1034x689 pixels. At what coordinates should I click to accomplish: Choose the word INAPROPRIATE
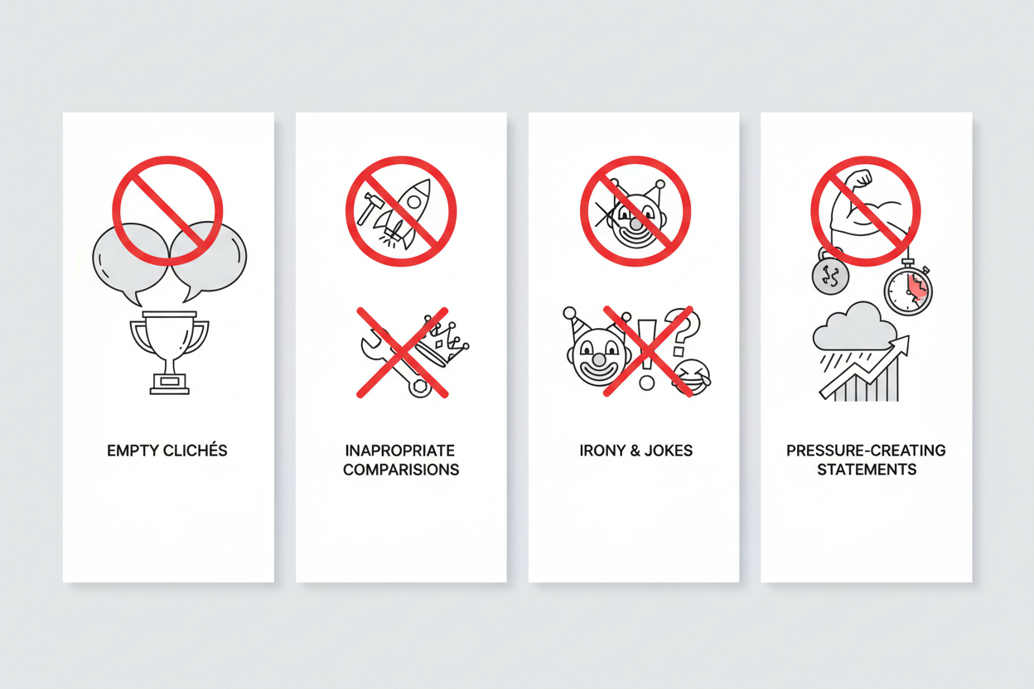pyautogui.click(x=399, y=450)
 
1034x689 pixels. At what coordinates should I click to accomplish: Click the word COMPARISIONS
pyautogui.click(x=401, y=470)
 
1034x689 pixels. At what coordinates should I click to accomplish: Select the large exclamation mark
pyautogui.click(x=647, y=354)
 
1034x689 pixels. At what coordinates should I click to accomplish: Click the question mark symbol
pyautogui.click(x=681, y=332)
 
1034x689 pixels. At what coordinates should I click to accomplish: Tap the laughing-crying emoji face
pyautogui.click(x=691, y=377)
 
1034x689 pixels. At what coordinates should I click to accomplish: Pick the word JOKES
pyautogui.click(x=669, y=450)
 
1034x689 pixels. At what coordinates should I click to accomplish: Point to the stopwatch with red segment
pyautogui.click(x=908, y=289)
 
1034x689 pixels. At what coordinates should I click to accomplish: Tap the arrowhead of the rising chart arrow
pyautogui.click(x=902, y=344)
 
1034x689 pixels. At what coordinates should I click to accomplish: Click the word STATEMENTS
pyautogui.click(x=867, y=470)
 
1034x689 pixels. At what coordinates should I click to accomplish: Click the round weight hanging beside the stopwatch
pyautogui.click(x=830, y=275)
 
